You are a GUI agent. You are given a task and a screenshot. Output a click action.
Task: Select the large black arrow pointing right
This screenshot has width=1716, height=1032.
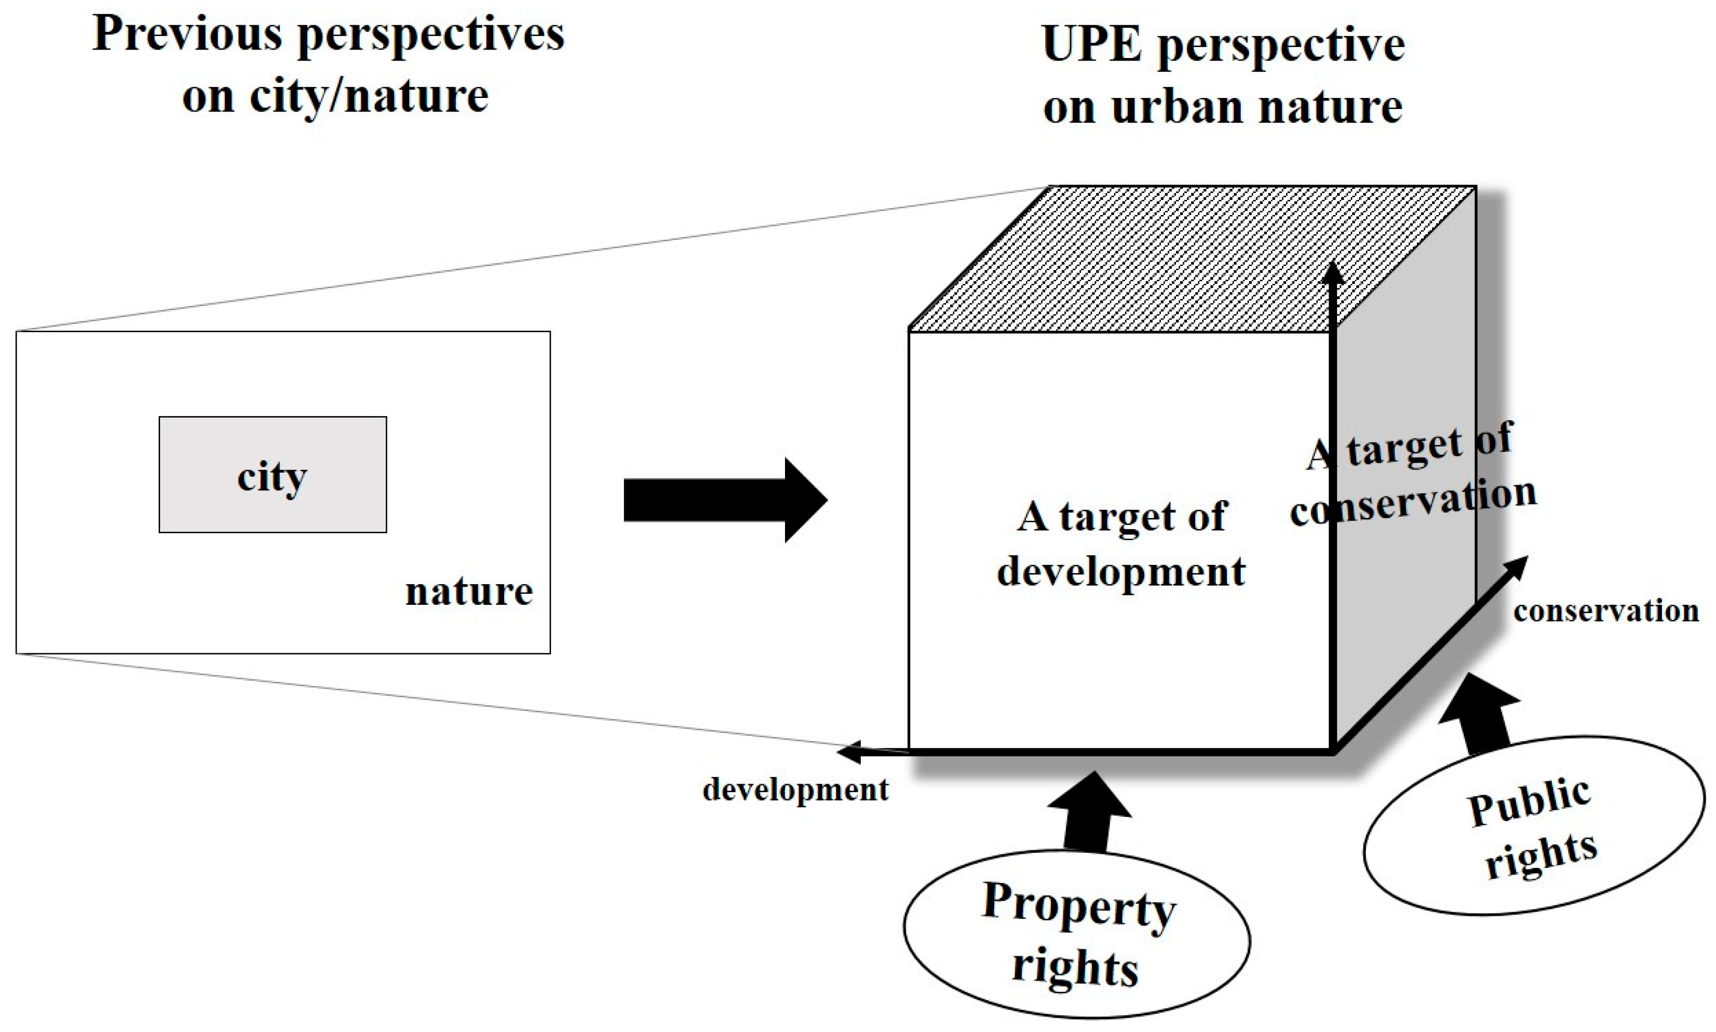(x=723, y=499)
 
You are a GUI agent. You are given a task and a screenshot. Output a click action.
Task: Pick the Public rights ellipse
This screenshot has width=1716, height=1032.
(x=1533, y=828)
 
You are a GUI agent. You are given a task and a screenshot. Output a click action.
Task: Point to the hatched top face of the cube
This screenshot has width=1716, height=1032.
(x=1183, y=257)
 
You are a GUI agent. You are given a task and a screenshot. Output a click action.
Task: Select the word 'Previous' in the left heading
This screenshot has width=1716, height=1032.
(x=188, y=33)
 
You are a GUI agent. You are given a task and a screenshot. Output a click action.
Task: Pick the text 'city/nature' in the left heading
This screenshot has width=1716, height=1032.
(x=369, y=96)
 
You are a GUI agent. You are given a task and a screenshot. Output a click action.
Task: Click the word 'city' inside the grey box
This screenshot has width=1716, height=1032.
(x=272, y=477)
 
